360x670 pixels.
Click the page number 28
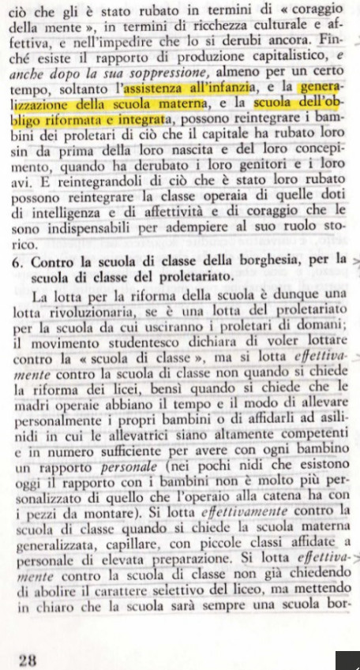tap(28, 658)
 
